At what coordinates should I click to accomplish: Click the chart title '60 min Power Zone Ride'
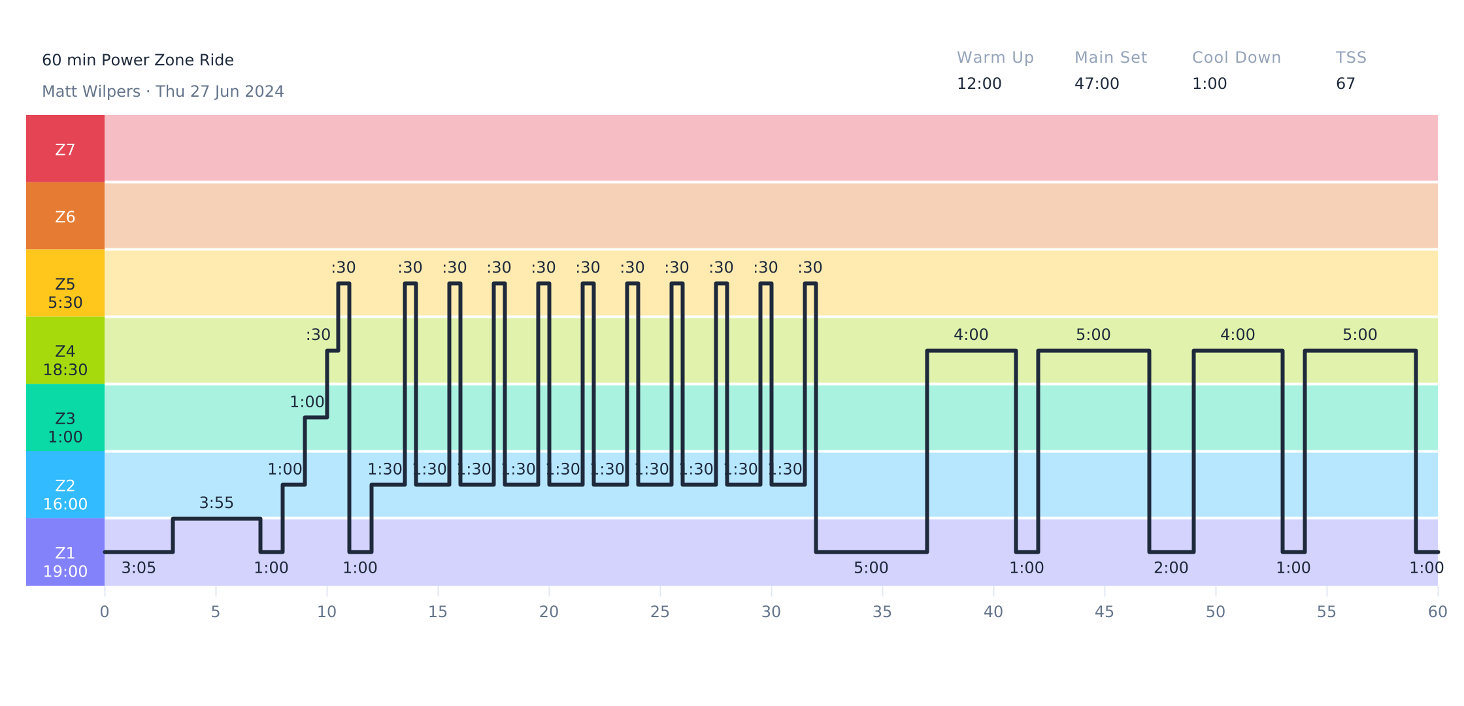coord(138,60)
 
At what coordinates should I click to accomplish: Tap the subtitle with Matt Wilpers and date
coord(163,92)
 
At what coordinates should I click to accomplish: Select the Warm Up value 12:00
coord(979,84)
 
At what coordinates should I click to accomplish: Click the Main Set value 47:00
coord(1097,84)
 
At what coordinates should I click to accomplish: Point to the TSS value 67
coord(1346,84)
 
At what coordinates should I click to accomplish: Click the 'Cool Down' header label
coord(1237,58)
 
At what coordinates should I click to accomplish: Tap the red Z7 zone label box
coord(65,149)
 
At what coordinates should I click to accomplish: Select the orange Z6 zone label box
coord(65,216)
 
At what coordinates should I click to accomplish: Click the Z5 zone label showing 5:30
coord(65,293)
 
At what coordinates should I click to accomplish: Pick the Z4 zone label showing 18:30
coord(65,360)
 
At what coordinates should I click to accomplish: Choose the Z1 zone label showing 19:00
coord(65,562)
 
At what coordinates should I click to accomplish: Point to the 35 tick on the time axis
coord(882,612)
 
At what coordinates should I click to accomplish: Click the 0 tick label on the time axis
coord(105,612)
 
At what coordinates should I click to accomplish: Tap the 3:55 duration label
coord(216,503)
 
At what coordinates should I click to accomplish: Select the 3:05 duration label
coord(139,568)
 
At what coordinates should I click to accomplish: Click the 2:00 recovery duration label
coord(1171,568)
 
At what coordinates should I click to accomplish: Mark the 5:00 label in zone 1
coord(871,568)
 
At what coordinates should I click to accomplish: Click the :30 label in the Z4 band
coord(318,335)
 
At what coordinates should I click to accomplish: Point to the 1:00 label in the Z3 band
coord(307,402)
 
